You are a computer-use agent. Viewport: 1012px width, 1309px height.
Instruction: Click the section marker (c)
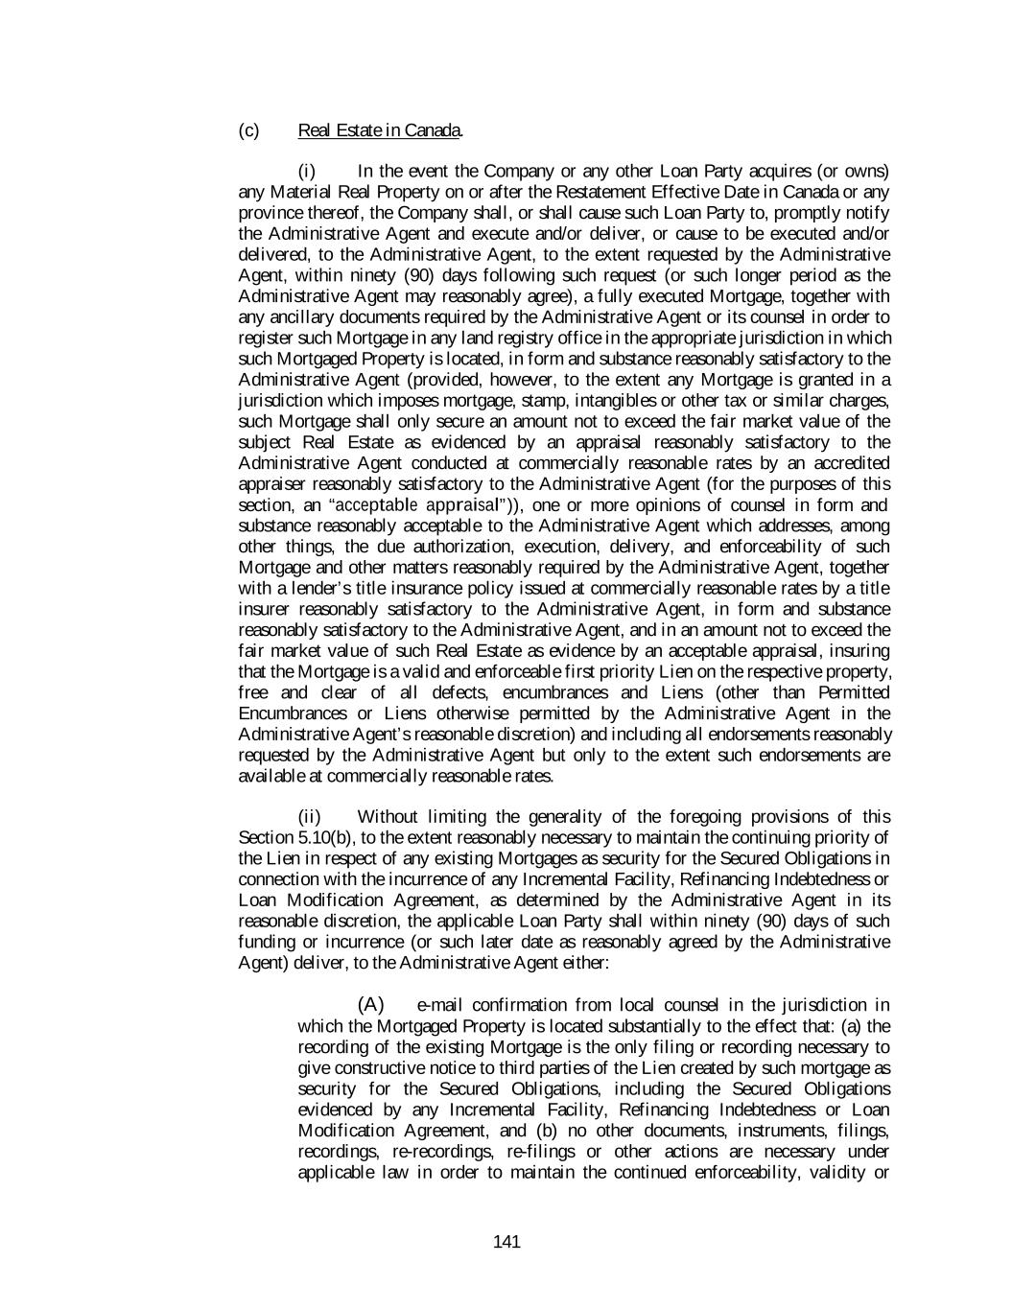[x=248, y=130]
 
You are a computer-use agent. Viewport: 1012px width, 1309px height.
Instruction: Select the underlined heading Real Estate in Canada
[x=381, y=130]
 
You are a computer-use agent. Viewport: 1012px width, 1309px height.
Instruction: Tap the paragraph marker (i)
[x=307, y=172]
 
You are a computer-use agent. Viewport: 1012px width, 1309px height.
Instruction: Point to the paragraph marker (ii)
[x=310, y=817]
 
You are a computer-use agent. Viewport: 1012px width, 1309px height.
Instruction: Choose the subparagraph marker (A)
[x=370, y=1005]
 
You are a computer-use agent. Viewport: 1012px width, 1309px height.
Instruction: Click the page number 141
[x=506, y=1243]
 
